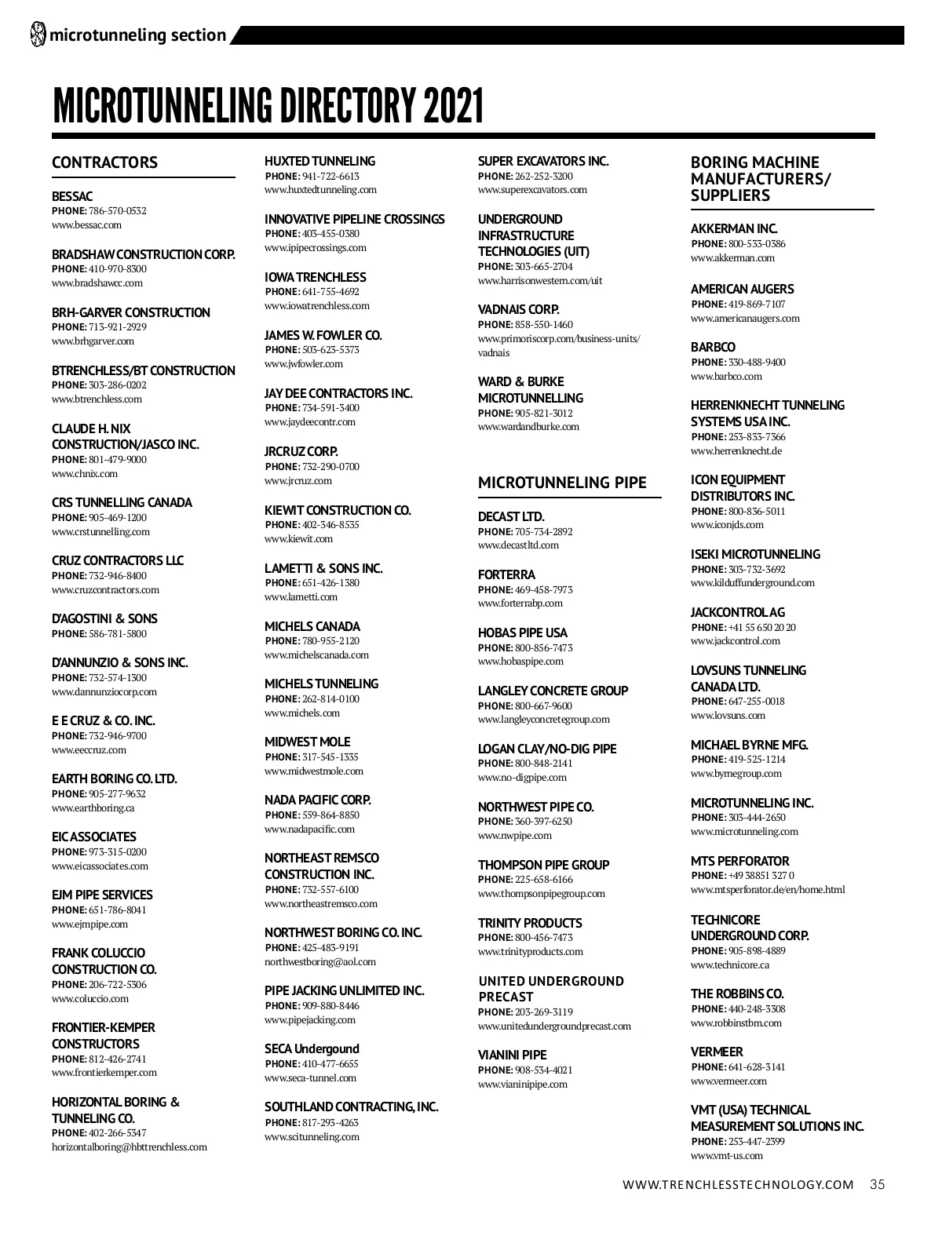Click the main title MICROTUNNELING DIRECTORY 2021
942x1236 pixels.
coord(268,106)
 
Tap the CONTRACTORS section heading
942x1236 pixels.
coord(104,162)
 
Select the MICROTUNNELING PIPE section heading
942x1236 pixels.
coord(562,483)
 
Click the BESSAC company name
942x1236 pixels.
coord(72,196)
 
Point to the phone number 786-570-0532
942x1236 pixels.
coord(118,211)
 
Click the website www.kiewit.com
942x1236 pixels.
coord(298,539)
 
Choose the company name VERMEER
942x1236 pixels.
coord(717,1052)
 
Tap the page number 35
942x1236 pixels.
coord(877,1185)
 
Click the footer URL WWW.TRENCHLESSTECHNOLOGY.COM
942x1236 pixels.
coord(738,1185)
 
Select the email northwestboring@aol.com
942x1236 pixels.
coord(320,962)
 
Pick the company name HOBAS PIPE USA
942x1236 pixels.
coord(522,633)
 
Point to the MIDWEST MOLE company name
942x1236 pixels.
coord(307,742)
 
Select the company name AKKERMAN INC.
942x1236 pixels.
coord(734,228)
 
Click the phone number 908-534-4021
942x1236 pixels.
coord(543,1070)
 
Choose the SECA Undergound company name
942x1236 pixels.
coord(312,1048)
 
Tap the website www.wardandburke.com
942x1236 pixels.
coord(528,427)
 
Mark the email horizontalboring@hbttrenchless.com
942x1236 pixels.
coord(130,1147)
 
